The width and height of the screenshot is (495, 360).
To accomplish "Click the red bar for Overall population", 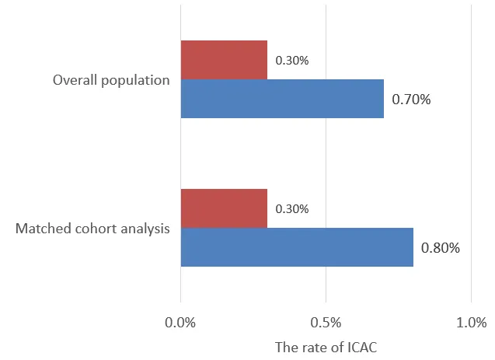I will pos(224,60).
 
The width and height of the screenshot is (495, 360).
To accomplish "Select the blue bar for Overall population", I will pos(282,99).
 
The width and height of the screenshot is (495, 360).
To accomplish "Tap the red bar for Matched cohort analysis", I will pos(224,208).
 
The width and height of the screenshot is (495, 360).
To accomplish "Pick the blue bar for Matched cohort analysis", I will pos(297,247).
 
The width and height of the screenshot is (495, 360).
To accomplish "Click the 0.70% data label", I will pos(411,100).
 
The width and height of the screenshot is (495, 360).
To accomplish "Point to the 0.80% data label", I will pos(441,248).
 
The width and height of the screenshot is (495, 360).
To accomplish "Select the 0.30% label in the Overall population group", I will pos(292,60).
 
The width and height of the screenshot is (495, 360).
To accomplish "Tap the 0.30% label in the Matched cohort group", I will pos(292,208).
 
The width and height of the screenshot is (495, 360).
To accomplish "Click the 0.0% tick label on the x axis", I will pos(180,323).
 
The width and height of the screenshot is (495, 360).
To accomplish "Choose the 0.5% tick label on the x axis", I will pos(326,323).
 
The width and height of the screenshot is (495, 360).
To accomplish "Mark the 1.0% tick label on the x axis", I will pos(471,323).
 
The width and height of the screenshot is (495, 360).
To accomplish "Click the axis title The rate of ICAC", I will pos(326,347).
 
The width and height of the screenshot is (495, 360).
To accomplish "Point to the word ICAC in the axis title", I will pos(361,347).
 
